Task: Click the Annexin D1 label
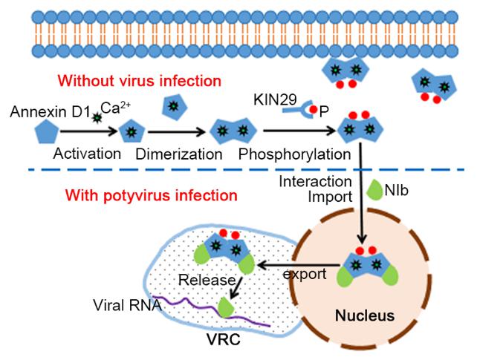coord(47,112)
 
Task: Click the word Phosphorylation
coord(296,154)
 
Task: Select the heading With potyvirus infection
coord(152,197)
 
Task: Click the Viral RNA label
coord(126,305)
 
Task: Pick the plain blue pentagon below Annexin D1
coord(48,136)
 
